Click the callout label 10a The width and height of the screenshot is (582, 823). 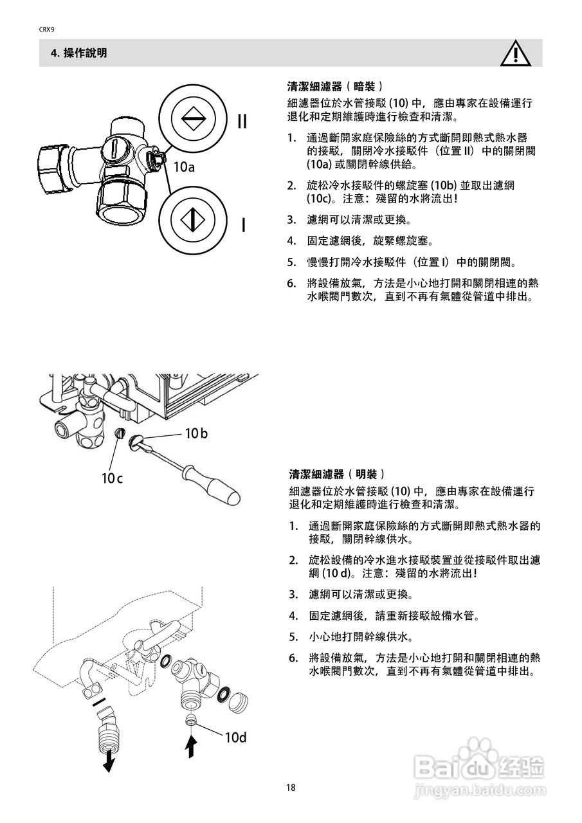click(183, 167)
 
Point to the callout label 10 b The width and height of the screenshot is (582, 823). click(196, 433)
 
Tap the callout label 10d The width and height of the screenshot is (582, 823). click(235, 737)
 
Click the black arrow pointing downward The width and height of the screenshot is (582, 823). click(109, 762)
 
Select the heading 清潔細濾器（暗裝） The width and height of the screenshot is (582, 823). click(336, 86)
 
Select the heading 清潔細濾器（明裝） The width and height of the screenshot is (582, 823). click(337, 475)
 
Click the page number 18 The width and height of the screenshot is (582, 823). click(291, 788)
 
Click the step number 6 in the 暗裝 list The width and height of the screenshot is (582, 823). click(291, 283)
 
